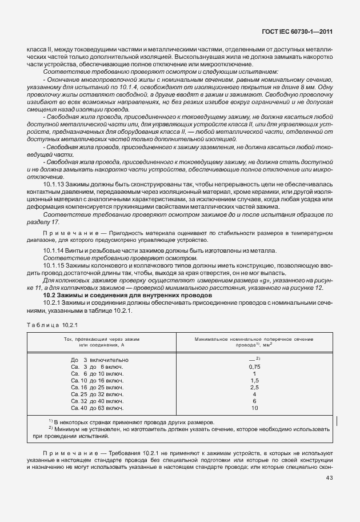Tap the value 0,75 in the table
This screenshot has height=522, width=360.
click(255, 366)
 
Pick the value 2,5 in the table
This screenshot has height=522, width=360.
click(255, 387)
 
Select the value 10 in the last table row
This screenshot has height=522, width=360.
click(255, 408)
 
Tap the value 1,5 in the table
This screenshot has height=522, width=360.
click(255, 380)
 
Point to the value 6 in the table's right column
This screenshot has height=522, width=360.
click(255, 401)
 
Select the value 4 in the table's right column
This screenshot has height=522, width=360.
click(255, 395)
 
